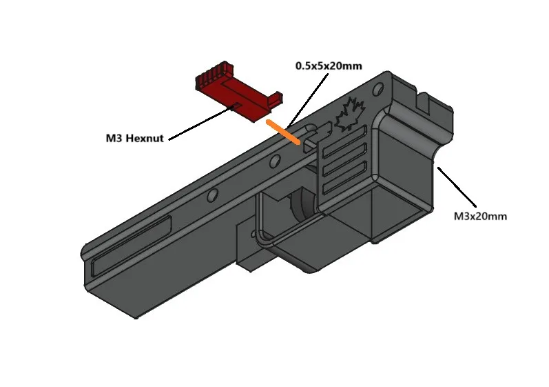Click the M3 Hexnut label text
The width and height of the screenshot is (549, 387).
(134, 138)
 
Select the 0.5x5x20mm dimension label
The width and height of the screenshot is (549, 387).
(329, 66)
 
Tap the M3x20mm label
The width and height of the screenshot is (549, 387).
(480, 216)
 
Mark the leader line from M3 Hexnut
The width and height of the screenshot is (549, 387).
(200, 122)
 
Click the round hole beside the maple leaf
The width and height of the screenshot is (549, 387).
(378, 89)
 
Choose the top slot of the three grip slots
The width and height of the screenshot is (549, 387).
(344, 148)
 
